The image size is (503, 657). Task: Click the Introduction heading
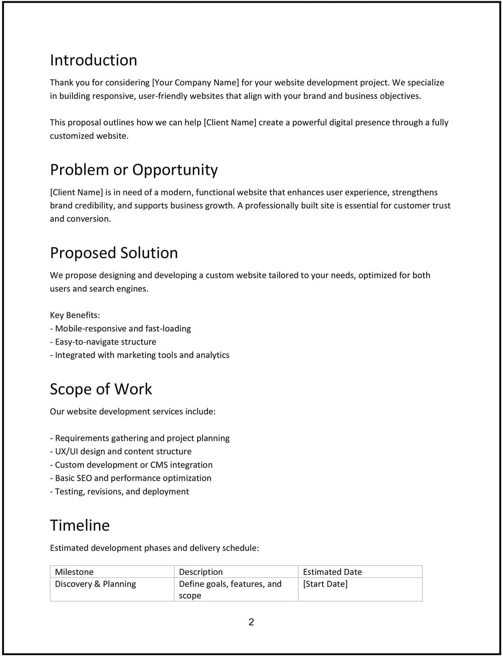[x=94, y=60]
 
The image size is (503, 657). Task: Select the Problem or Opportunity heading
[x=134, y=169]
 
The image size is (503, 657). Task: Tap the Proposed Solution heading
[x=114, y=253]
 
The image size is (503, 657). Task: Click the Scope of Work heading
[x=101, y=389]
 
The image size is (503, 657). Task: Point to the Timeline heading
[x=79, y=525]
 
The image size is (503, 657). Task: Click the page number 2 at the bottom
[x=251, y=622]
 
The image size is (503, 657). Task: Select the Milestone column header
[x=74, y=572]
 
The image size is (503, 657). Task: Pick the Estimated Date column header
[x=332, y=572]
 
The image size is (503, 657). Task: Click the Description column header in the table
[x=201, y=572]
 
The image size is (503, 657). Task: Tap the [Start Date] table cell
[x=325, y=584]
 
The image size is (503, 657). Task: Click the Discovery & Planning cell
[x=95, y=584]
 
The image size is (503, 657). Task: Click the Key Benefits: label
[x=75, y=315]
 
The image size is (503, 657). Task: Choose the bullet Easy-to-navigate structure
[x=103, y=342]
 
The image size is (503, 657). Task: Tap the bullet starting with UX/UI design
[x=121, y=451]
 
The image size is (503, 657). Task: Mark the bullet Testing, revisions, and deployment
[x=120, y=492]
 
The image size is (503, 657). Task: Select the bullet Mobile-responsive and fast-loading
[x=120, y=329]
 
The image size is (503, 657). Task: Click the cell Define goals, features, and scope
[x=230, y=589]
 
